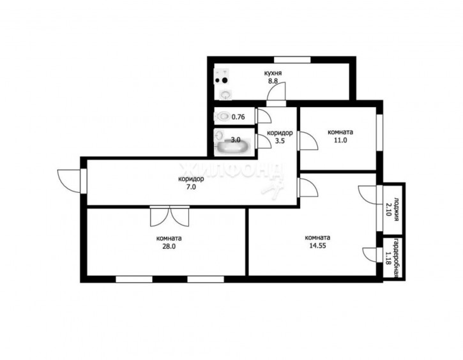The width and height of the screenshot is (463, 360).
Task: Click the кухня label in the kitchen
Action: click(273, 73)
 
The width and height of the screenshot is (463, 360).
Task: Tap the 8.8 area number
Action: click(273, 81)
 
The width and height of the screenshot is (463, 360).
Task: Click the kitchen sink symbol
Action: click(226, 94)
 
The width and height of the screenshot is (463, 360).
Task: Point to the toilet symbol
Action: click(222, 116)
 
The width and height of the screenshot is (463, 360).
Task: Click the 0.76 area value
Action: click(238, 117)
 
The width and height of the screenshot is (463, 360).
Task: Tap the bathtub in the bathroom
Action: click(233, 146)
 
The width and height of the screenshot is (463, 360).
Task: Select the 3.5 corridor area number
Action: click(280, 141)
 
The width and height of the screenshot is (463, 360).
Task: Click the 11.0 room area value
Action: click(340, 140)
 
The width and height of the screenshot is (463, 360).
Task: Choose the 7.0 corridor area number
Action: click(191, 187)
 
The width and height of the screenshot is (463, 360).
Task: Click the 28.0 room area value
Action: click(169, 246)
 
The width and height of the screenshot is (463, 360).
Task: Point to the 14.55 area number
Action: click(317, 246)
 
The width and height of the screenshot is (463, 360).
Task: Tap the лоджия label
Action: click(397, 209)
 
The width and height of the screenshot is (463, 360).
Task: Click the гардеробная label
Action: click(397, 258)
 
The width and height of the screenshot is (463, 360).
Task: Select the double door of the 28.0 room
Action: click(169, 216)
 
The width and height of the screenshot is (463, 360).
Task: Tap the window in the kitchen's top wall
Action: click(292, 59)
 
